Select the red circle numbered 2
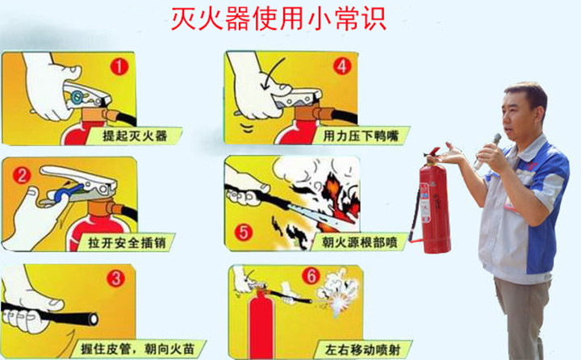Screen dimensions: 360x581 pos(23,173)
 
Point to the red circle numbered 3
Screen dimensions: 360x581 pos(116,280)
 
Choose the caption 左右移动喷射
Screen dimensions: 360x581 pos(358,348)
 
